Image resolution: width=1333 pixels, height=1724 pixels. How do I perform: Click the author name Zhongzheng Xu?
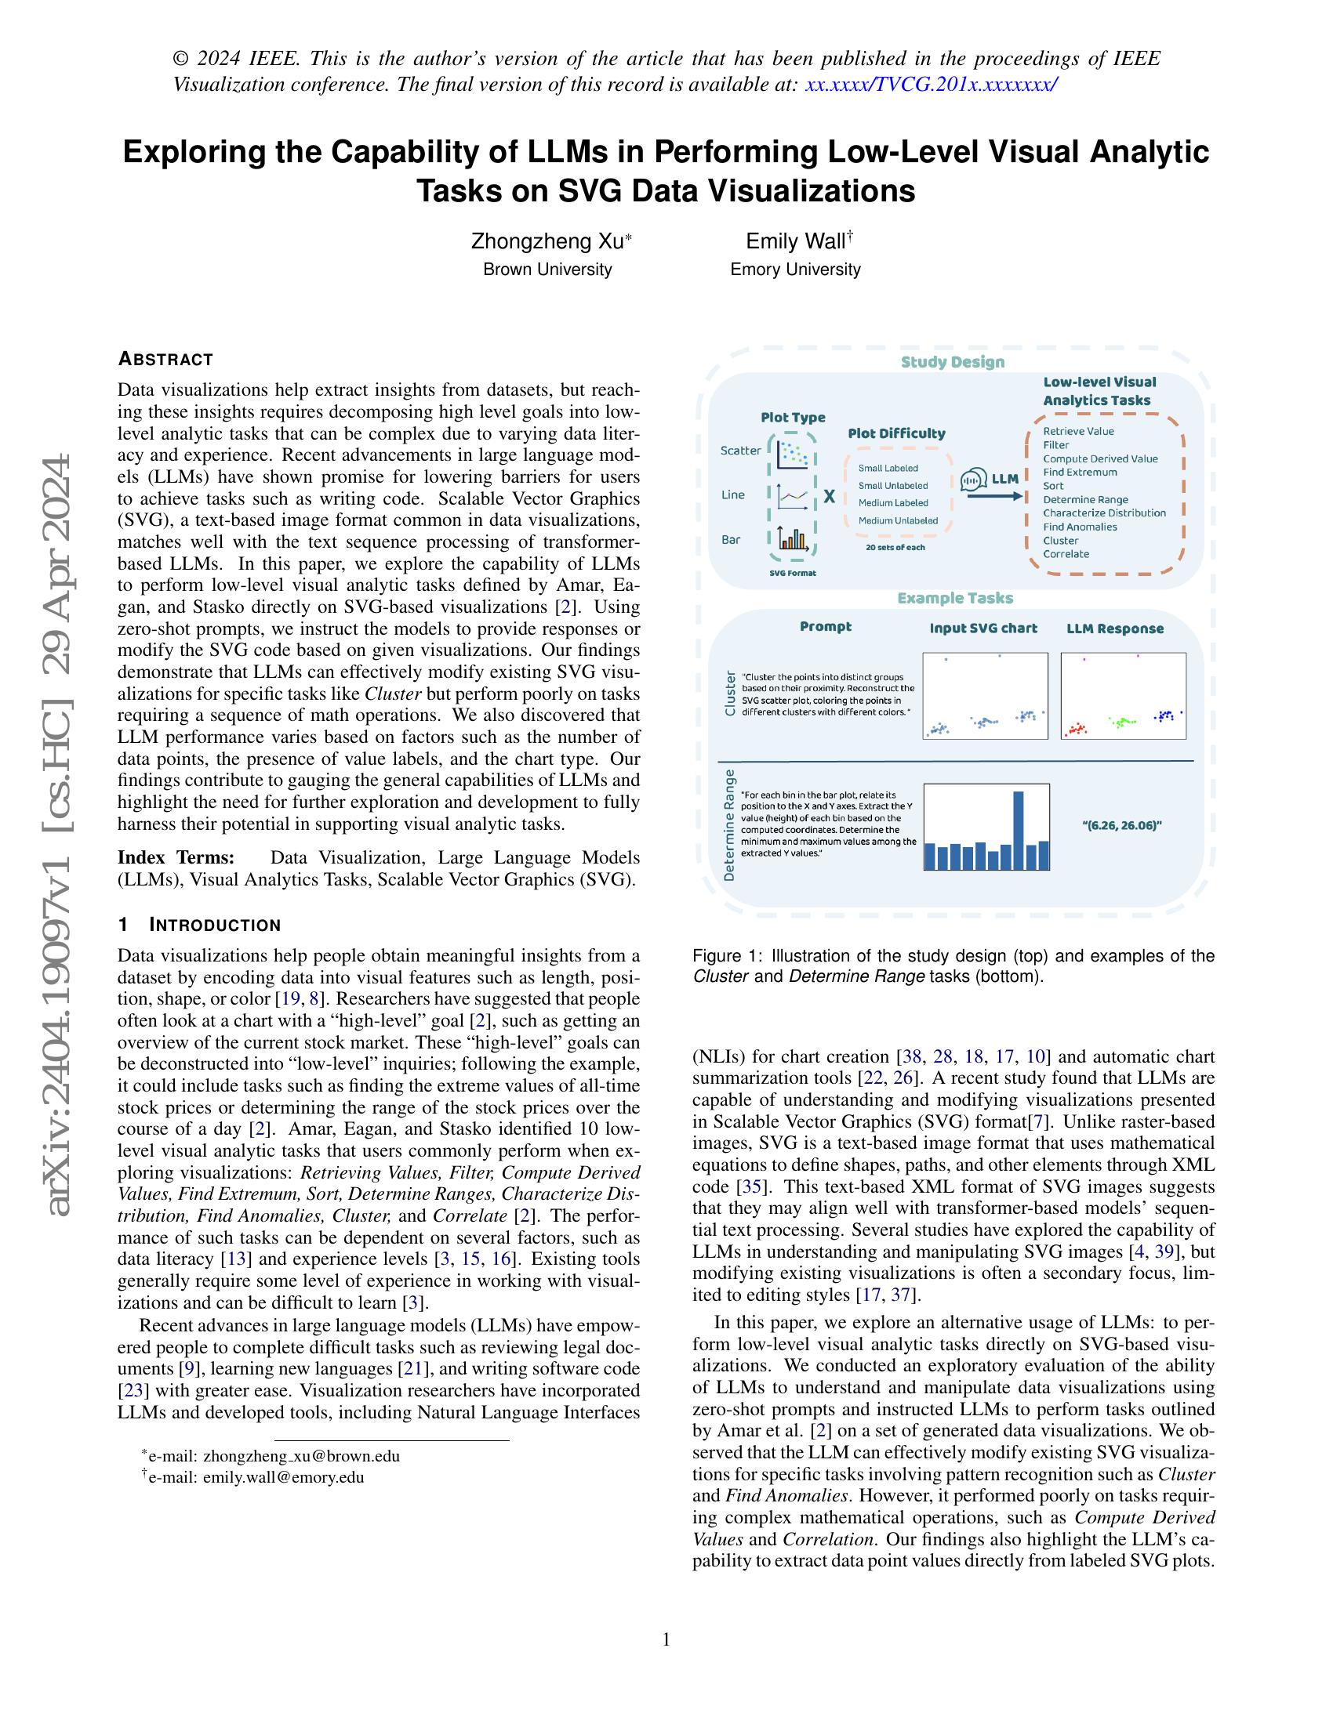[x=547, y=241]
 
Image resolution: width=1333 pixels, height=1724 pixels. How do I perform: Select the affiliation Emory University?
[x=794, y=269]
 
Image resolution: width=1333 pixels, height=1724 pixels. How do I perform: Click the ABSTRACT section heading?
[x=165, y=359]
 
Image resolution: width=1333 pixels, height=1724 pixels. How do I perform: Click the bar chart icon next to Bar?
[x=791, y=539]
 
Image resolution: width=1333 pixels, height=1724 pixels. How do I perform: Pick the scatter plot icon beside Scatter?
[x=791, y=453]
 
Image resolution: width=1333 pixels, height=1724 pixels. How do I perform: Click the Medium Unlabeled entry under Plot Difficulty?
[x=898, y=520]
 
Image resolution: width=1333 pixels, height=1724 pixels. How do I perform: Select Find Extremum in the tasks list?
[x=1080, y=472]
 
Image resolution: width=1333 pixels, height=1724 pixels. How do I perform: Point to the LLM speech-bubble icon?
[x=974, y=479]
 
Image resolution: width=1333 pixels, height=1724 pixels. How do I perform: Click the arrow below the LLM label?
[x=994, y=497]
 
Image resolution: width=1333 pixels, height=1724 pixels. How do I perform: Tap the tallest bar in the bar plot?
[x=1018, y=830]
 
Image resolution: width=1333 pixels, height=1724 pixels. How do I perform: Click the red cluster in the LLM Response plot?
[x=1075, y=729]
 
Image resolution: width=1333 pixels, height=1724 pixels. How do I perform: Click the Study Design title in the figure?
[x=953, y=362]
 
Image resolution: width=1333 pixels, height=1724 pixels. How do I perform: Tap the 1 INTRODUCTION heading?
[x=199, y=925]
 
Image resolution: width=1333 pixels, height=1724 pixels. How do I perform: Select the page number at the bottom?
[x=666, y=1639]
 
